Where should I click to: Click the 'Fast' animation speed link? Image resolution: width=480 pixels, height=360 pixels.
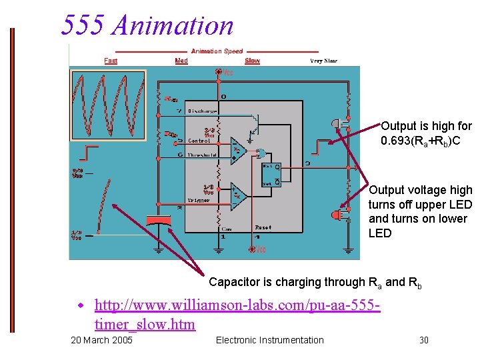pyautogui.click(x=111, y=61)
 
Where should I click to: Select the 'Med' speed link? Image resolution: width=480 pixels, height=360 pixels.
pyautogui.click(x=181, y=61)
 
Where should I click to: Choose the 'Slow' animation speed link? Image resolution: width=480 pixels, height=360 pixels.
pyautogui.click(x=252, y=61)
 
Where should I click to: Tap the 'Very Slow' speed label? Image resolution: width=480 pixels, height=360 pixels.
pyautogui.click(x=323, y=61)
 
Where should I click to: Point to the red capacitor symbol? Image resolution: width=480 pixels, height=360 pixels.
pyautogui.click(x=158, y=221)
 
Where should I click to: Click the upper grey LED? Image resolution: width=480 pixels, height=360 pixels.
pyautogui.click(x=336, y=124)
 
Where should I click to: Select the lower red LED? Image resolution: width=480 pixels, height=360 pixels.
pyautogui.click(x=336, y=215)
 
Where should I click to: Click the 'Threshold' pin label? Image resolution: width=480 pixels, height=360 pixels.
pyautogui.click(x=203, y=155)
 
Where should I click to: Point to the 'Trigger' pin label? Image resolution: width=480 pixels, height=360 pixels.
pyautogui.click(x=198, y=200)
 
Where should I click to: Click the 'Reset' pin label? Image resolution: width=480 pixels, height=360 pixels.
pyautogui.click(x=263, y=227)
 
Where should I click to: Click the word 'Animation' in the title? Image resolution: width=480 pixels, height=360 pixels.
pyautogui.click(x=173, y=25)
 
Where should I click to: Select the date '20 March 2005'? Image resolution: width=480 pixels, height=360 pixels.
pyautogui.click(x=101, y=341)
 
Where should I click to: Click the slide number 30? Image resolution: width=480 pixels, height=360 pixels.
pyautogui.click(x=424, y=341)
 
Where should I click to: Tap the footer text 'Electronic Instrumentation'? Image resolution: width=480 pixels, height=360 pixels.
pyautogui.click(x=270, y=341)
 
